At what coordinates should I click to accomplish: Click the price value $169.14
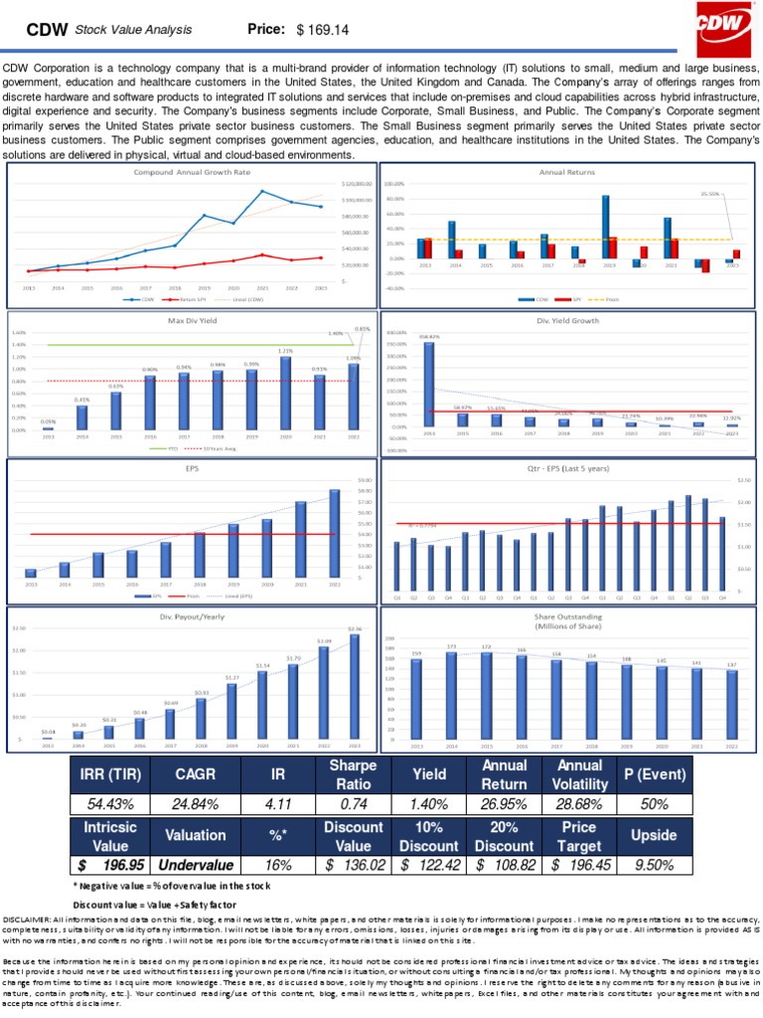click(323, 31)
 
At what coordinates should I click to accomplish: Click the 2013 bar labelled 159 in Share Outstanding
click(416, 699)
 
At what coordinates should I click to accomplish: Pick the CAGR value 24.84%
click(195, 802)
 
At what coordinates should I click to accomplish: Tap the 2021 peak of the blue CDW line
click(262, 191)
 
